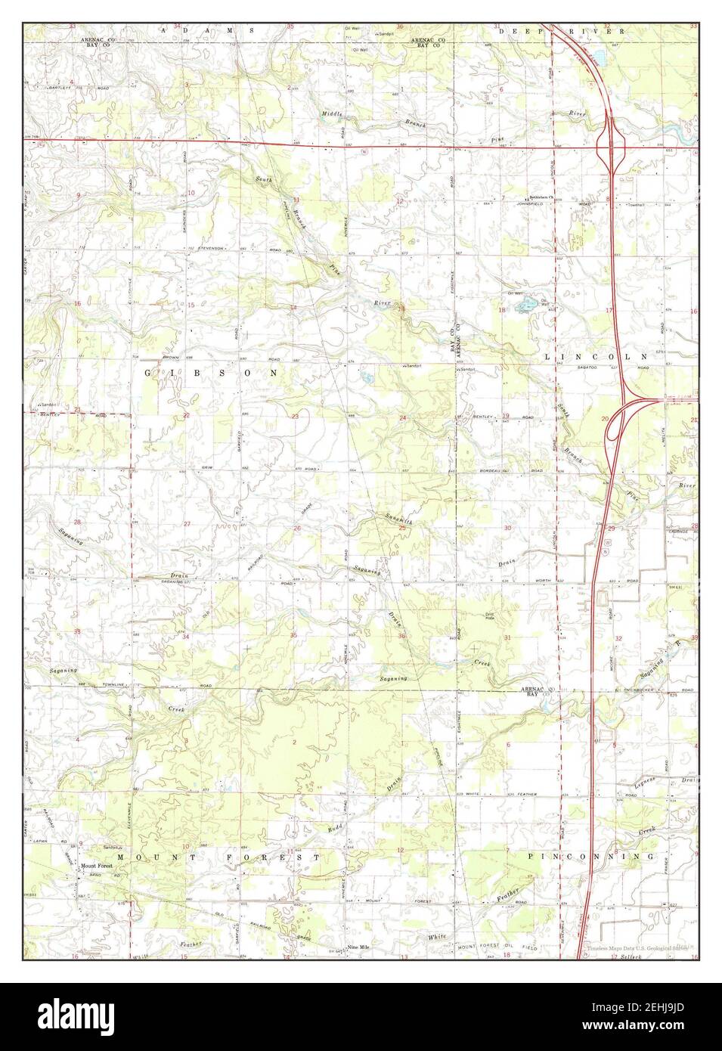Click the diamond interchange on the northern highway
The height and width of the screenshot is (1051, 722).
(610, 144)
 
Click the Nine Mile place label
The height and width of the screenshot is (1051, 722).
(358, 947)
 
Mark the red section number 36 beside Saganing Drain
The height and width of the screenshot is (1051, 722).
(401, 636)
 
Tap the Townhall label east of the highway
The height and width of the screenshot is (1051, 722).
(633, 205)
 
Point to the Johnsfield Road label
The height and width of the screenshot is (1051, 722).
(533, 204)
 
